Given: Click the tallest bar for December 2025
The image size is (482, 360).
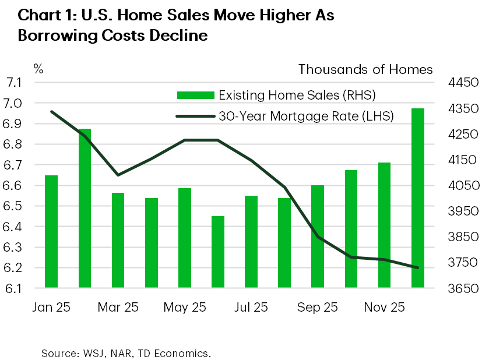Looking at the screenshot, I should [x=418, y=198].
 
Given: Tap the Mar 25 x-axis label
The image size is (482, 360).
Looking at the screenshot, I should [x=118, y=308].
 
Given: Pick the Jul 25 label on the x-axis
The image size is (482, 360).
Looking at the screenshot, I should [x=251, y=308].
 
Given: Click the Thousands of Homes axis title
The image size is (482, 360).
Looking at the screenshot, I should [x=365, y=69].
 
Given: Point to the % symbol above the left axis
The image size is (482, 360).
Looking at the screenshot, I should [x=38, y=69].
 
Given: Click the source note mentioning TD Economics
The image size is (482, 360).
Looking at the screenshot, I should [x=126, y=354].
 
